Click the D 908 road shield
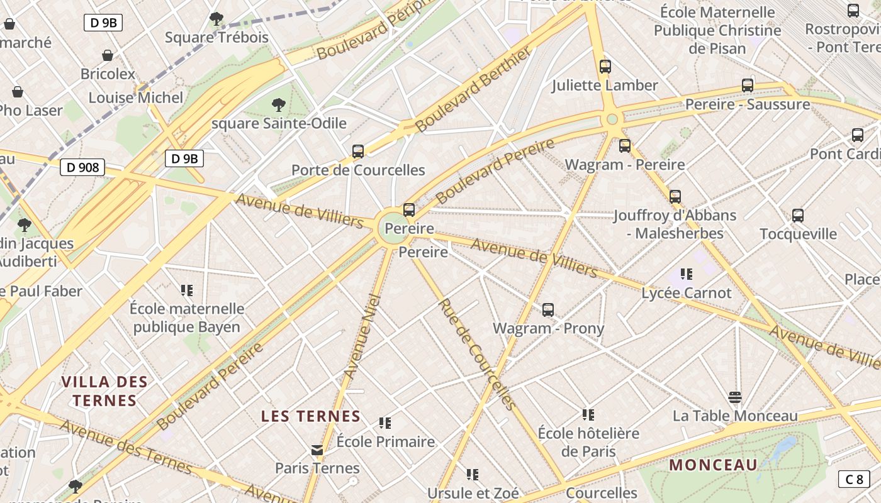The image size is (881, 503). (82, 167)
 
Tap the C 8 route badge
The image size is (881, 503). (854, 479)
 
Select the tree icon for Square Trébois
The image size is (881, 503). (216, 19)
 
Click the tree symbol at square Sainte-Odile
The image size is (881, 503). (278, 104)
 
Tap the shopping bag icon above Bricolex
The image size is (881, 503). (108, 55)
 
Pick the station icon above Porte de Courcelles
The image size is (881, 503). (358, 151)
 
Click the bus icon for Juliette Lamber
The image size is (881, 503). (605, 66)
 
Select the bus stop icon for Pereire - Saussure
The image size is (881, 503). (747, 85)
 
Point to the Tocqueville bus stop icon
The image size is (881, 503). (797, 215)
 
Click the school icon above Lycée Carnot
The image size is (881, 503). (686, 274)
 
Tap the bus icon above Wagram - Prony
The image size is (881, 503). (547, 309)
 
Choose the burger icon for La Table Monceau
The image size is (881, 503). (734, 397)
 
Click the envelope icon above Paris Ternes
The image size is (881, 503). (317, 450)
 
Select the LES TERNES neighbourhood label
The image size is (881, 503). (311, 416)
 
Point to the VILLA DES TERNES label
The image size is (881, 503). (104, 391)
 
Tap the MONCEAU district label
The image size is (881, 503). (713, 465)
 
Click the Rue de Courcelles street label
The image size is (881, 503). (476, 354)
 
